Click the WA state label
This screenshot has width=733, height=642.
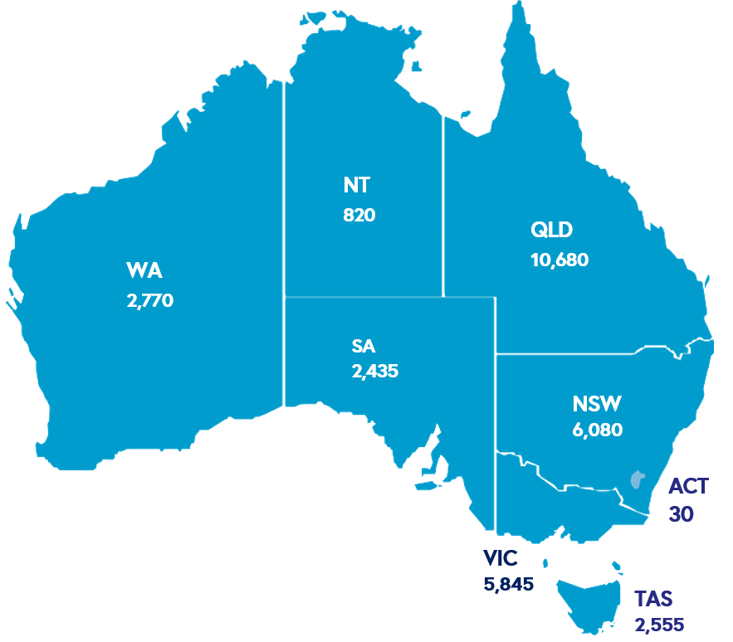click(144, 271)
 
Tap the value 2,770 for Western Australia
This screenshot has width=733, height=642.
click(149, 301)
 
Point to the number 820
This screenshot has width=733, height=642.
click(359, 215)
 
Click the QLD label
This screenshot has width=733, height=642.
click(552, 230)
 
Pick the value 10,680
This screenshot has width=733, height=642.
click(559, 260)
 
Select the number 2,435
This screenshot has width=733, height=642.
click(375, 371)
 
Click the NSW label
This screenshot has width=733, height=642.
click(597, 404)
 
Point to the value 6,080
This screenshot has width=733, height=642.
click(597, 430)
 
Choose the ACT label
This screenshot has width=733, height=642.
click(688, 485)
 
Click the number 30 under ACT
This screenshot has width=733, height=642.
click(681, 514)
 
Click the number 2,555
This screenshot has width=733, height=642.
click(660, 625)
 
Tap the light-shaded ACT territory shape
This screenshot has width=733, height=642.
click(637, 479)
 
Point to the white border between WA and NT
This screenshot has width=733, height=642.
click(284, 207)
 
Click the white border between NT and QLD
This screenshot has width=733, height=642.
click(442, 207)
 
